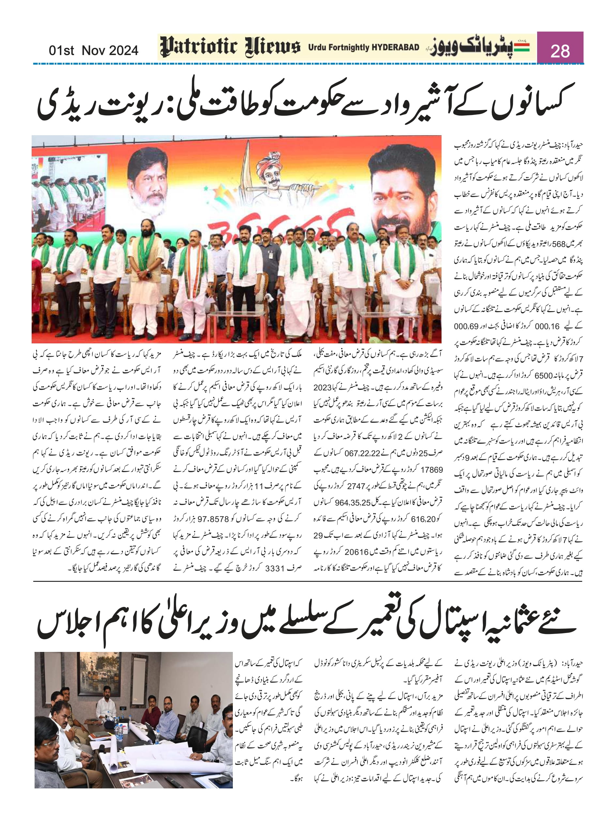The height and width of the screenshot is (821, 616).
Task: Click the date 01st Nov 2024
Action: click(93, 50)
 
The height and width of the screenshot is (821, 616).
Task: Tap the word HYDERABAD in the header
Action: click(395, 47)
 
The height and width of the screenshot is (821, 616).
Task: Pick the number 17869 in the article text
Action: click(431, 469)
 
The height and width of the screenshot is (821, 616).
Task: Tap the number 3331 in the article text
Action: click(275, 568)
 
